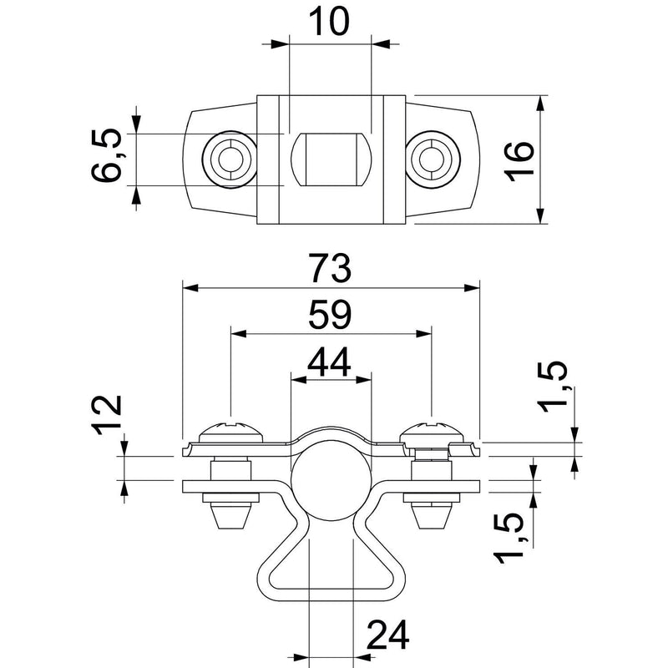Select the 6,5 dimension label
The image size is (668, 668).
107,155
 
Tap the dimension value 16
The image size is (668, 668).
519,160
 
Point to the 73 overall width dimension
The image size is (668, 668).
330,268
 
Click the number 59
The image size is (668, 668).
330,315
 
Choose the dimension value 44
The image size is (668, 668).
329,362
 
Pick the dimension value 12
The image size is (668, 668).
109,414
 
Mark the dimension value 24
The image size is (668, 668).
387,635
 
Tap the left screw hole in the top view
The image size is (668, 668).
230,159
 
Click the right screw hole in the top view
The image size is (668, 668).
432,159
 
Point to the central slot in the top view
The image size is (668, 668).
331,159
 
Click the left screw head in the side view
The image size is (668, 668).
231,432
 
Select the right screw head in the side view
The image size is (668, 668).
432,432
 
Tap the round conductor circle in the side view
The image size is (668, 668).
331,482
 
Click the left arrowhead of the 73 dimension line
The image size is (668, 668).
190,288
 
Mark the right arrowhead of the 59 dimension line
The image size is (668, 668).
423,333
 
